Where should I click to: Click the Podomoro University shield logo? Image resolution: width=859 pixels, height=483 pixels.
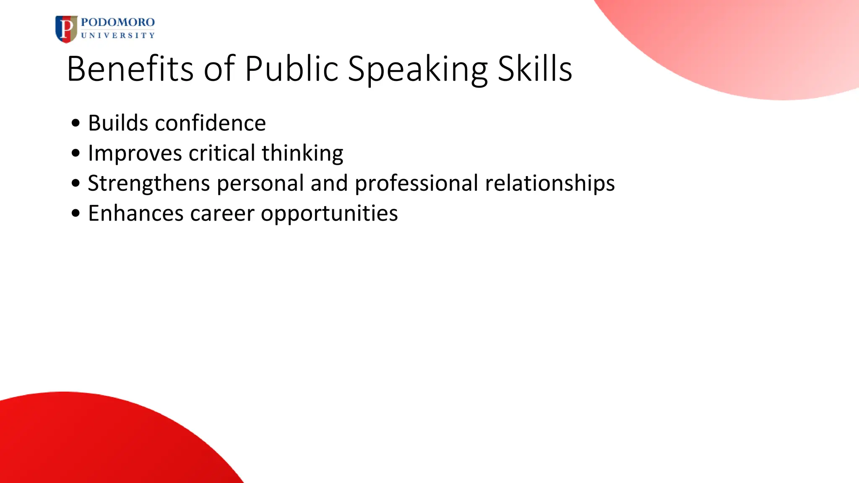tap(66, 29)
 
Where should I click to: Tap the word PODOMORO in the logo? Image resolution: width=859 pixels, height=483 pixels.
tap(118, 22)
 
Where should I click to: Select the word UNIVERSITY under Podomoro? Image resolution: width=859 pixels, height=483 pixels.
tap(118, 36)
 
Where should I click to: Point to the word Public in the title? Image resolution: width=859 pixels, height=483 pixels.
tap(292, 68)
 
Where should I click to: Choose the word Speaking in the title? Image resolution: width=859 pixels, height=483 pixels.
tap(418, 69)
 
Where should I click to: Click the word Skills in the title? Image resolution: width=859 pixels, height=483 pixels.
tap(535, 68)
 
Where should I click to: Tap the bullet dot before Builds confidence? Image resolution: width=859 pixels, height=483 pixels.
tap(75, 123)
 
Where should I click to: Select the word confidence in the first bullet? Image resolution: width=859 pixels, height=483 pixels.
tap(211, 123)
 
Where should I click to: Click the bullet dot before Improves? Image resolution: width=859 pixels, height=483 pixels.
tap(75, 153)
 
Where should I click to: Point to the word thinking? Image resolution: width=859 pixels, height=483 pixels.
tap(302, 154)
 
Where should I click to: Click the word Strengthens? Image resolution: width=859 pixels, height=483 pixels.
tap(149, 184)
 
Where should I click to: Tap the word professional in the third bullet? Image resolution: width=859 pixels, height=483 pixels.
tap(416, 184)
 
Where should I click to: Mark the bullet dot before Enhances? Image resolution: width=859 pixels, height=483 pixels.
tap(75, 213)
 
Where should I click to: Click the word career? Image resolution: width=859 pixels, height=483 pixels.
tap(222, 214)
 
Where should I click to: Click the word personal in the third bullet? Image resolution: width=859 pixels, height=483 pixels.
tap(260, 184)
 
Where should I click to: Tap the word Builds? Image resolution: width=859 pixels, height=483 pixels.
tap(118, 123)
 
